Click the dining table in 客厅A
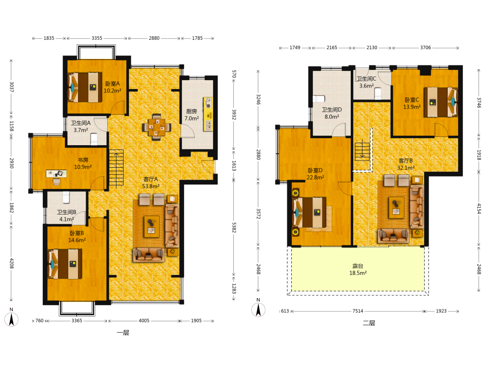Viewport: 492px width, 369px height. (x=156, y=127)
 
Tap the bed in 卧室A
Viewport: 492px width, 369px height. (x=85, y=87)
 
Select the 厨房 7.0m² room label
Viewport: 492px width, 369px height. (x=191, y=115)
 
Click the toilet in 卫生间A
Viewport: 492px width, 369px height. (x=94, y=139)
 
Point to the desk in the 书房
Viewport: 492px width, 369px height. (x=57, y=174)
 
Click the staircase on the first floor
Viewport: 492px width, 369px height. (x=116, y=168)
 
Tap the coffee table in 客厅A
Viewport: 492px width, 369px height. (x=152, y=226)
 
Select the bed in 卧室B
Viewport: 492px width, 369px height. (x=65, y=264)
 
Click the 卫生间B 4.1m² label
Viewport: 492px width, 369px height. (x=66, y=215)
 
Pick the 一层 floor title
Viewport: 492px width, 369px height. (x=123, y=333)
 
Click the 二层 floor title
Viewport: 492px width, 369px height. (x=369, y=323)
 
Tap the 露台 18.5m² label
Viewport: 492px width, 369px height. (x=358, y=270)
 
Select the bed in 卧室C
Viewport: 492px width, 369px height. (x=441, y=102)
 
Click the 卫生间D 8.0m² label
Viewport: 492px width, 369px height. (x=332, y=113)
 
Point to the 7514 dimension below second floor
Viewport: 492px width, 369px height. (x=358, y=311)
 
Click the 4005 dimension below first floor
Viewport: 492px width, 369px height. (x=144, y=321)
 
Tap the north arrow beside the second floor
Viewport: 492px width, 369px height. (x=258, y=310)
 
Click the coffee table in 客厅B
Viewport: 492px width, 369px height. (x=396, y=208)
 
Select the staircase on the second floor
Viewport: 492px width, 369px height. (x=362, y=152)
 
